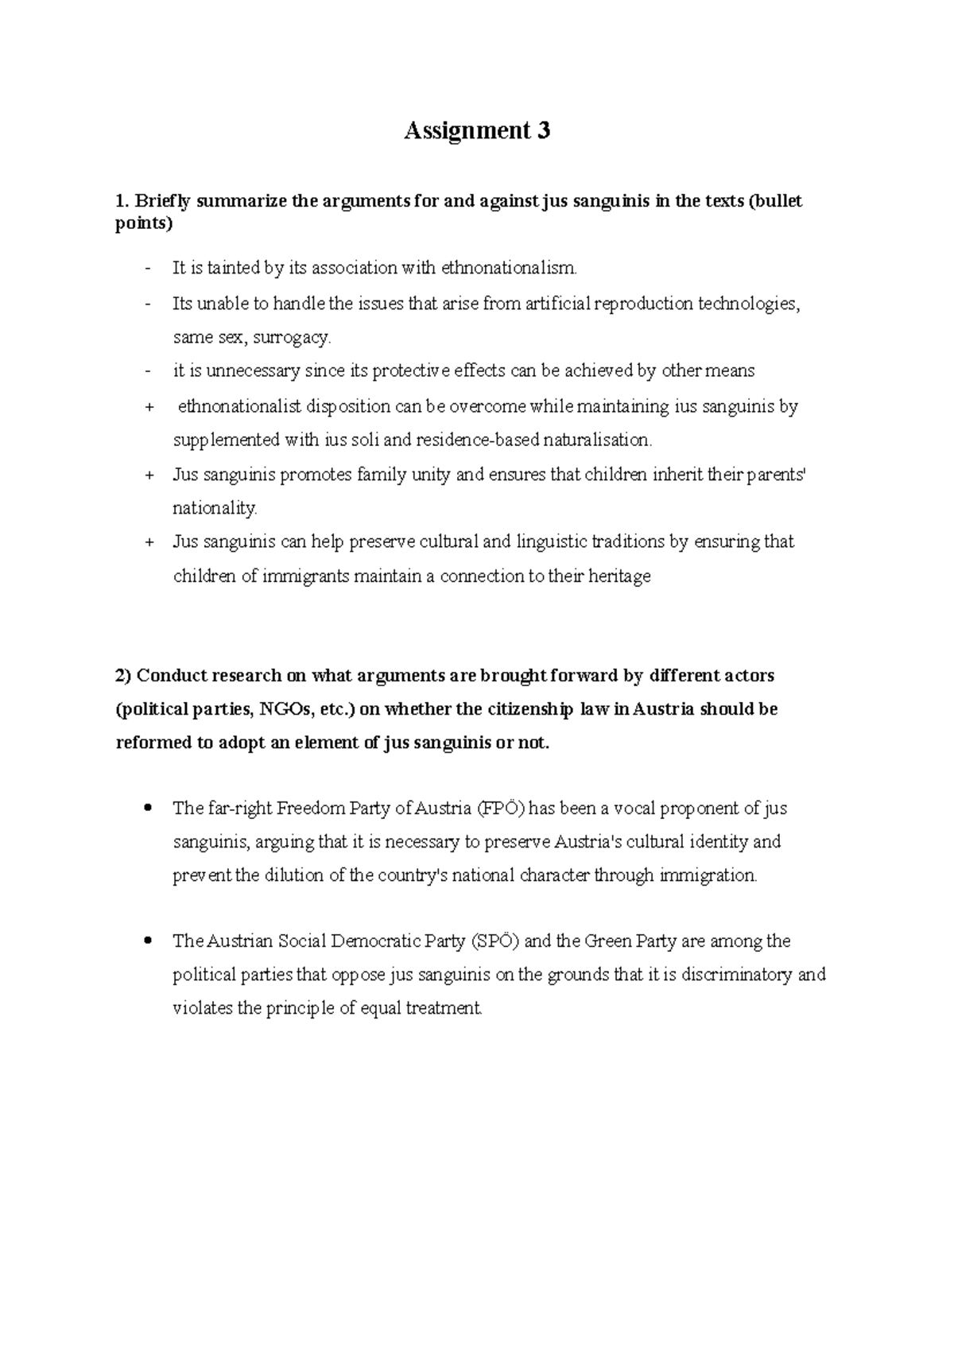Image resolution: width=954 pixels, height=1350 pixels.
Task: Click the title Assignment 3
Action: click(477, 130)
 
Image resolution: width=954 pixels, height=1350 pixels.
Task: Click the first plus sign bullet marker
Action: click(149, 407)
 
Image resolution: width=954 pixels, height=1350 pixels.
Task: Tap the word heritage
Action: click(619, 576)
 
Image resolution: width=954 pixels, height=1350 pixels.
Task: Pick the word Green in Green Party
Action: click(607, 941)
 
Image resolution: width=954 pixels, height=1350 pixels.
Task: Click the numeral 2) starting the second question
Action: click(124, 676)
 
